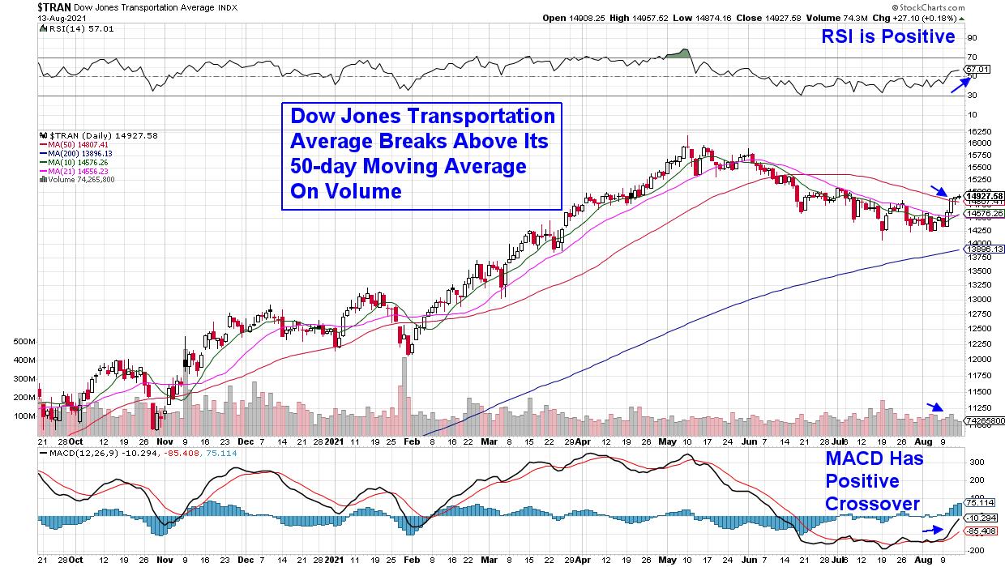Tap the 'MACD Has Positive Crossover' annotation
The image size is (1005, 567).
pos(872,481)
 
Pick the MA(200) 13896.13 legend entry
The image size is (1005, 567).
pos(79,153)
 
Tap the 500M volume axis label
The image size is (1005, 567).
pos(24,342)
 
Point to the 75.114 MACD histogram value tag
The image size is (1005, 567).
pos(984,502)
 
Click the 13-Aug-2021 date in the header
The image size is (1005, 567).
pos(25,17)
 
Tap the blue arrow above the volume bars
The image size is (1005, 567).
pos(935,407)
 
